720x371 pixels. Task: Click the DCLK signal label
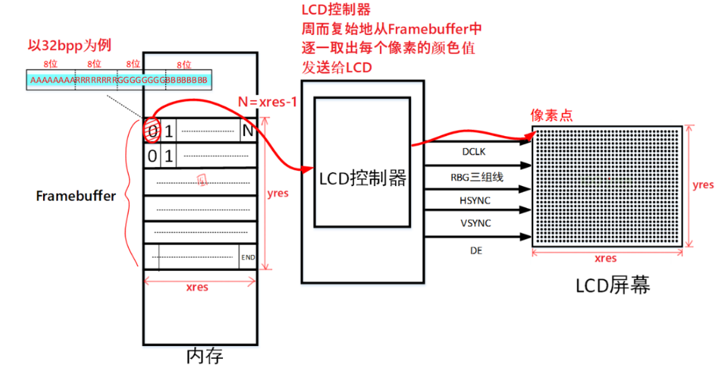click(x=473, y=152)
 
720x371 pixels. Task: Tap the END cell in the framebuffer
click(x=247, y=257)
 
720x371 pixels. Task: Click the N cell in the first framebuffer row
click(x=248, y=131)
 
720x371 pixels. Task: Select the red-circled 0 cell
click(x=152, y=131)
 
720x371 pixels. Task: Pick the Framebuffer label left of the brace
click(x=76, y=196)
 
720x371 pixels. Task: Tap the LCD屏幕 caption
click(x=612, y=286)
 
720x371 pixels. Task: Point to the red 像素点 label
click(x=551, y=115)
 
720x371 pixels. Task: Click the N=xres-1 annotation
click(x=268, y=102)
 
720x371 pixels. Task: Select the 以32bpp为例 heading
click(x=70, y=45)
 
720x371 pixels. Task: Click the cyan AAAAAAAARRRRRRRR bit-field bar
click(x=119, y=80)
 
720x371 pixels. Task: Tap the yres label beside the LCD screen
click(x=703, y=185)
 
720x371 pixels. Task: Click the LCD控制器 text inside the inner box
click(x=363, y=178)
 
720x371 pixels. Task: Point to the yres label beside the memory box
click(x=277, y=193)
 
